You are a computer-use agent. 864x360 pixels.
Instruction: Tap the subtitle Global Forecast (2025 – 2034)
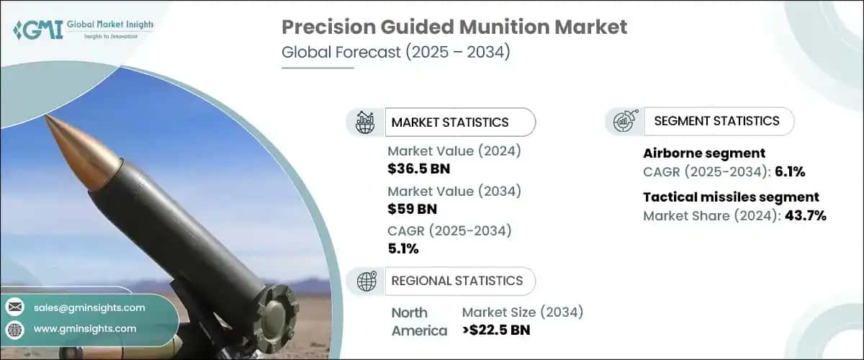point(395,53)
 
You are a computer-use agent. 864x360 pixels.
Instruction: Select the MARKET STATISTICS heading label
point(450,122)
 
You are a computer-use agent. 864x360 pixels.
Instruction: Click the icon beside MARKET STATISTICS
point(366,122)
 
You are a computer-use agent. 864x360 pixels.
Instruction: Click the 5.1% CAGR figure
point(402,249)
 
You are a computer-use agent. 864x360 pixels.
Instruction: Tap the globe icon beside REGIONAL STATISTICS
point(366,281)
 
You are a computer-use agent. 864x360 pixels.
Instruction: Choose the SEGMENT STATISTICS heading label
point(716,121)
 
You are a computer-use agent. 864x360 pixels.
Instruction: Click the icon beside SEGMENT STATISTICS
point(624,122)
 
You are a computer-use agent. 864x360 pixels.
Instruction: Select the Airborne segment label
point(703,153)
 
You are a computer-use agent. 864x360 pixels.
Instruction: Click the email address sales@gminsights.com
point(89,307)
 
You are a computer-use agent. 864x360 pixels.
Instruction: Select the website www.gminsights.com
point(85,329)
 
